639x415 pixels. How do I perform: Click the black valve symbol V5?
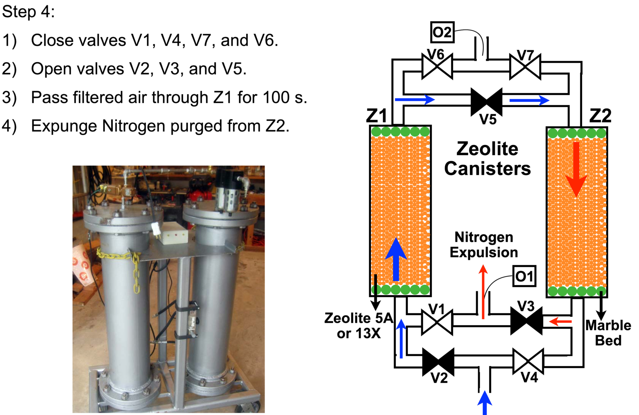pyautogui.click(x=487, y=102)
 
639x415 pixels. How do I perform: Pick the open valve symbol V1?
pyautogui.click(x=437, y=322)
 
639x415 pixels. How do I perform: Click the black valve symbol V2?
pyautogui.click(x=438, y=362)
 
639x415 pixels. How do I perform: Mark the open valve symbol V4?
pyautogui.click(x=528, y=361)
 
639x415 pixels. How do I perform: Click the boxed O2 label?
pyautogui.click(x=442, y=32)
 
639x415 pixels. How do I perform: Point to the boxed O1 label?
pyautogui.click(x=524, y=276)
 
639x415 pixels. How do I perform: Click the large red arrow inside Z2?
pyautogui.click(x=576, y=169)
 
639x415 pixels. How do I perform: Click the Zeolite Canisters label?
pyautogui.click(x=487, y=159)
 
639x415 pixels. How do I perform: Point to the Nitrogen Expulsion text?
pyautogui.click(x=484, y=245)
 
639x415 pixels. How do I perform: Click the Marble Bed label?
pyautogui.click(x=608, y=333)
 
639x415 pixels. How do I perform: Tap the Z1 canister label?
pyautogui.click(x=376, y=115)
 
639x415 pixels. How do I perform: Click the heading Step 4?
pyautogui.click(x=28, y=12)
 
